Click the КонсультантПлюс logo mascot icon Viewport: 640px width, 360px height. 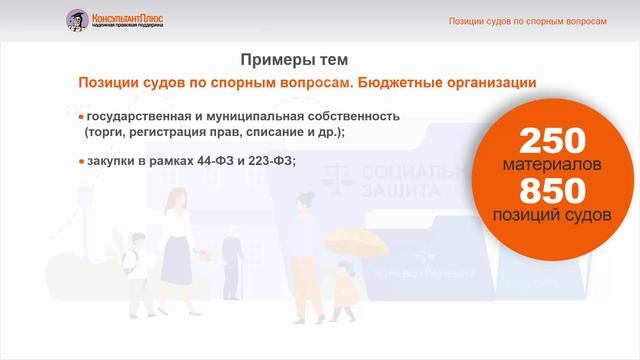(x=77, y=19)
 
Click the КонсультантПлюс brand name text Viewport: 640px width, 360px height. (x=129, y=15)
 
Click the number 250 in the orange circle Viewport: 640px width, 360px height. (x=552, y=141)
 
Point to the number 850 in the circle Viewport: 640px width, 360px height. (x=552, y=190)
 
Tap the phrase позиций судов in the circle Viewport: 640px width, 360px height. (x=552, y=214)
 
